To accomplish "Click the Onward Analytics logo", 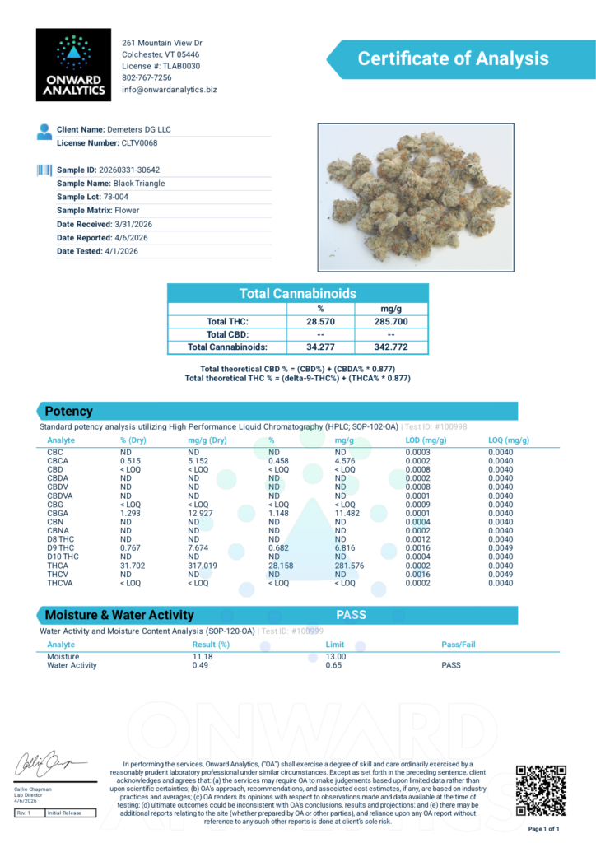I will pos(73,64).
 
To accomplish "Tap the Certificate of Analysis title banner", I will pos(452,59).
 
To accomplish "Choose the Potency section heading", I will pos(68,411).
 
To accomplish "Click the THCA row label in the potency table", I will pos(57,565).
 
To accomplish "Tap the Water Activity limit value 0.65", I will pos(334,665).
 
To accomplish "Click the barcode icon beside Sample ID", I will pos(44,170).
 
